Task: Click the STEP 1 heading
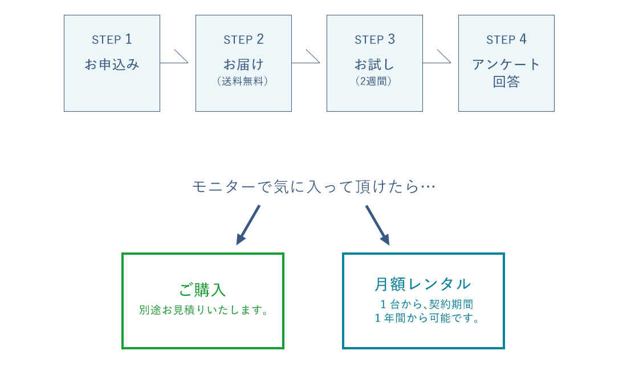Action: tap(112, 39)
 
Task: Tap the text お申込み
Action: tap(112, 64)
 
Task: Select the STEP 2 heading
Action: tap(243, 39)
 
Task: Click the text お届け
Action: tap(243, 64)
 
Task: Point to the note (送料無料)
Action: tap(243, 81)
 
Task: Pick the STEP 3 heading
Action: tap(374, 39)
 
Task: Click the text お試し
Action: tap(374, 64)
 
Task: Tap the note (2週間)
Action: tap(374, 81)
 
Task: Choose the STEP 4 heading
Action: tap(506, 39)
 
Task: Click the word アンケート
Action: tap(506, 64)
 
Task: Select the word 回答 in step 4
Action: tap(506, 81)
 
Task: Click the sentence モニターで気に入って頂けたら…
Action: tap(313, 187)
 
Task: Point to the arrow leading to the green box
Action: tap(249, 225)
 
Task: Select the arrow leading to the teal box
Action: tap(377, 225)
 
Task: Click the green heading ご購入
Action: tap(202, 290)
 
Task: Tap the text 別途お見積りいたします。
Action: tap(203, 311)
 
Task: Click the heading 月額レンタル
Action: tap(423, 284)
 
